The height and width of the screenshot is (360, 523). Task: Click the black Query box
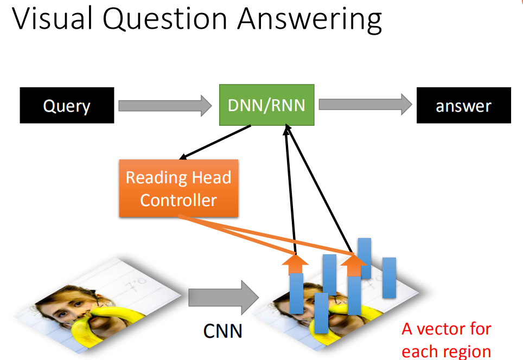point(67,105)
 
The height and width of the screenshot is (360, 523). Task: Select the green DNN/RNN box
point(266,105)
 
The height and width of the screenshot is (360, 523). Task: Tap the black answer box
point(464,105)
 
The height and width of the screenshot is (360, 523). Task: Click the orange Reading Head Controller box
point(179,188)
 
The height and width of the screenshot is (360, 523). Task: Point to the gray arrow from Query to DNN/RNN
point(165,106)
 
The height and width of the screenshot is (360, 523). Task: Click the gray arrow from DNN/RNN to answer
point(365,104)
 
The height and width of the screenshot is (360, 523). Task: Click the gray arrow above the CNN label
point(224,297)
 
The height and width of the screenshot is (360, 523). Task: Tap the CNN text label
point(222,331)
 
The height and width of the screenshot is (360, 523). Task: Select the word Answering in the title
point(310,20)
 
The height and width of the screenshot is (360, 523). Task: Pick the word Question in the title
point(165,20)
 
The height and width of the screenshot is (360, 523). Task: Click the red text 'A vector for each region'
point(447,340)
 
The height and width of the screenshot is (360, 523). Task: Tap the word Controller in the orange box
point(178,201)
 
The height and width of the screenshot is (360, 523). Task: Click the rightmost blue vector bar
point(389,278)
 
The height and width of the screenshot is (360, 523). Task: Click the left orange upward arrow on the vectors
point(295,265)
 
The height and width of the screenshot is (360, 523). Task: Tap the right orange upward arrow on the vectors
point(354,265)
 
